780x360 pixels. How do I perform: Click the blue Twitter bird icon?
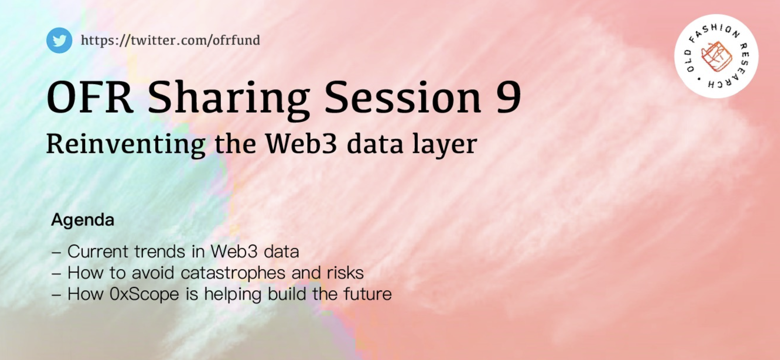59,40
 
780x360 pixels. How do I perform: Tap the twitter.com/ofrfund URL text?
170,40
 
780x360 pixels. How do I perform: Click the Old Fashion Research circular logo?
716,56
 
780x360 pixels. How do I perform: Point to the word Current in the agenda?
98,251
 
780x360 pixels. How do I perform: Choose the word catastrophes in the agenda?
233,273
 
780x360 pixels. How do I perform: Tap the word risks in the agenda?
345,273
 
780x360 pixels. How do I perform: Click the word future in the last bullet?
368,294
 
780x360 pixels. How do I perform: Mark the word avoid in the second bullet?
153,273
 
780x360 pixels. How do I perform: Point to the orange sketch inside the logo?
716,56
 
